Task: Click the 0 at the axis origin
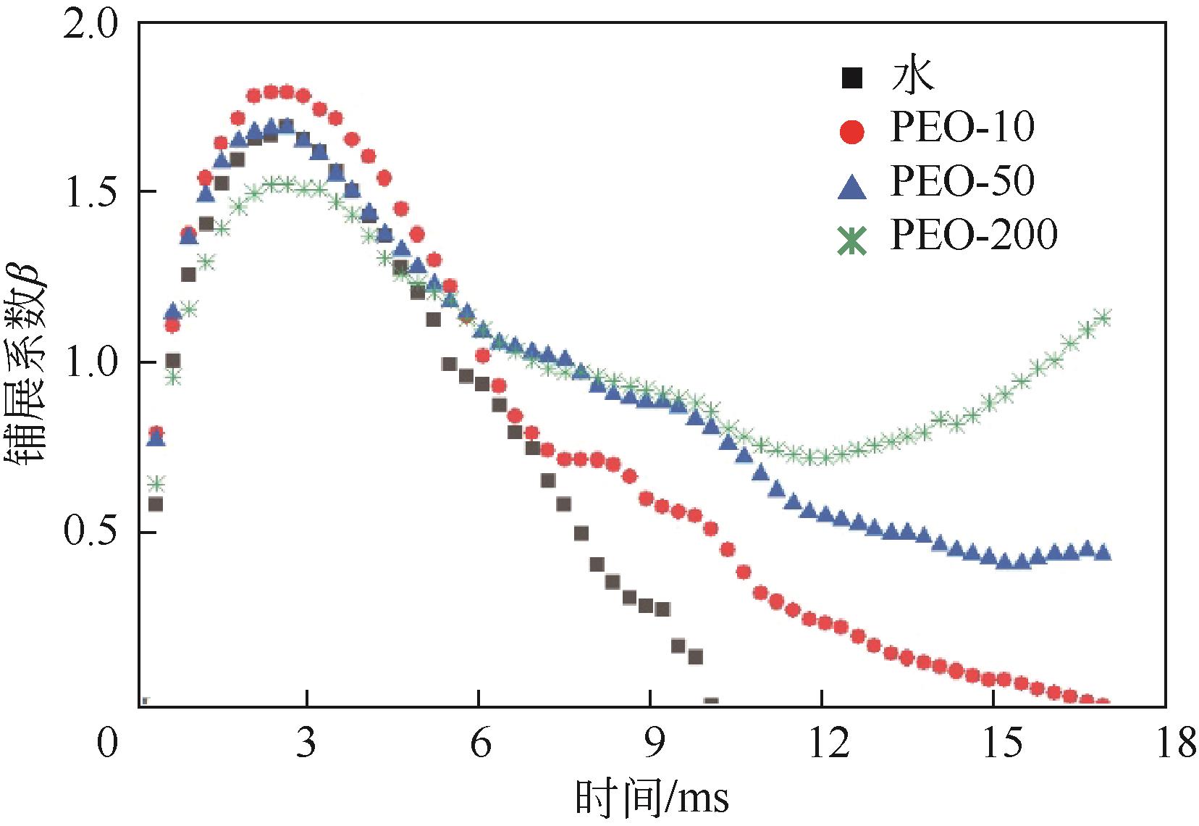tap(108, 744)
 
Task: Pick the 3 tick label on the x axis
tap(307, 744)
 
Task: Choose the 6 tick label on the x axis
tap(479, 744)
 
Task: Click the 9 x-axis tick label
tap(651, 744)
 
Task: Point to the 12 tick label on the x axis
tap(823, 744)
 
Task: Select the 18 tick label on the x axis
tap(1166, 744)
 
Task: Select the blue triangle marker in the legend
tap(853, 186)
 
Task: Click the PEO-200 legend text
tap(974, 234)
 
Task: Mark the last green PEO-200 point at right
tap(1103, 317)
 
